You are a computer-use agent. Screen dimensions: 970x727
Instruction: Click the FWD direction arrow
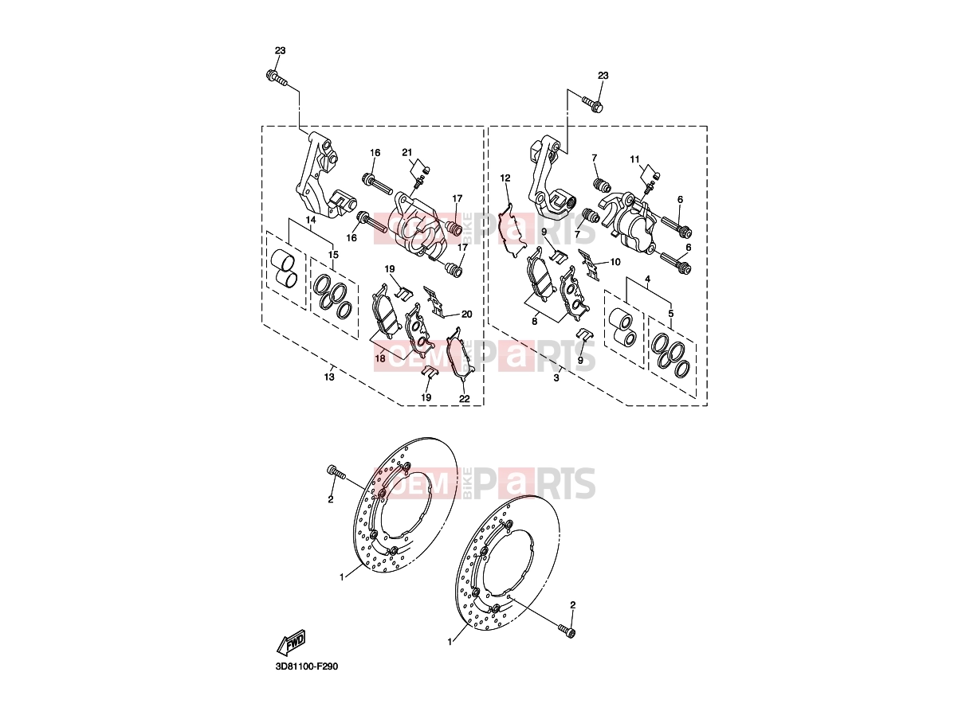[291, 643]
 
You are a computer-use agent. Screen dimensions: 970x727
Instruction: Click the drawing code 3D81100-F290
[307, 679]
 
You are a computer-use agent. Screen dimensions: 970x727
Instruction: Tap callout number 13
[329, 377]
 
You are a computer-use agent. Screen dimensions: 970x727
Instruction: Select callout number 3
[556, 378]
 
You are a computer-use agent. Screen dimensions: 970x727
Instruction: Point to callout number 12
[505, 178]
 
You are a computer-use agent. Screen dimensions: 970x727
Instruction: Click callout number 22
[464, 398]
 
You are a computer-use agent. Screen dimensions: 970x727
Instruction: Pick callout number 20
[466, 314]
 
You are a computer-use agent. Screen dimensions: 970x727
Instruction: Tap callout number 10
[615, 262]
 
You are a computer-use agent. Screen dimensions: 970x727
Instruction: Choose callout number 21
[407, 152]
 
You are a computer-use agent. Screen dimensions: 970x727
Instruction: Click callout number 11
[634, 159]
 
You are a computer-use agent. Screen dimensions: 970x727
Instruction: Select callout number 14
[311, 220]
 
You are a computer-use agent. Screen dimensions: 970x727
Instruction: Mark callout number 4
[647, 279]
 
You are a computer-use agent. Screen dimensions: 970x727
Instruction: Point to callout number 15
[333, 255]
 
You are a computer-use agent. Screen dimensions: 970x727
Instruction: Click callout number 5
[671, 314]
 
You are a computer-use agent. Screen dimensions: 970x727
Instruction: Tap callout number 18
[380, 358]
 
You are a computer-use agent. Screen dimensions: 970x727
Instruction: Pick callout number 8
[535, 322]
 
